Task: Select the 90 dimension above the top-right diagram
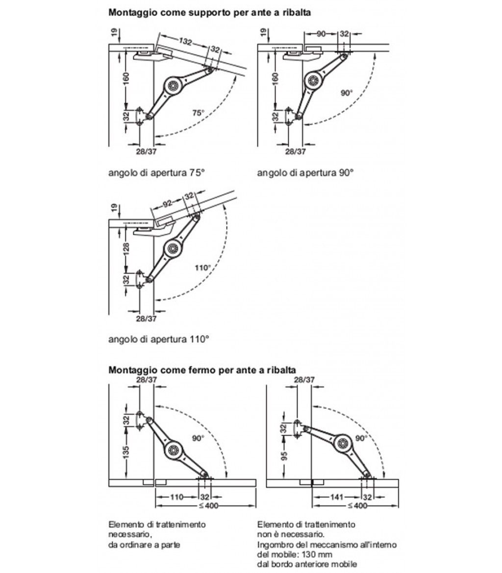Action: point(321,33)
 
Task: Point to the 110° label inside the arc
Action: point(202,268)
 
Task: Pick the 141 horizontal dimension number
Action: point(335,497)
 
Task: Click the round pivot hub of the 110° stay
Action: point(173,248)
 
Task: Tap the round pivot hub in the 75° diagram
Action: point(173,85)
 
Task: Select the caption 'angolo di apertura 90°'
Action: point(305,172)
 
